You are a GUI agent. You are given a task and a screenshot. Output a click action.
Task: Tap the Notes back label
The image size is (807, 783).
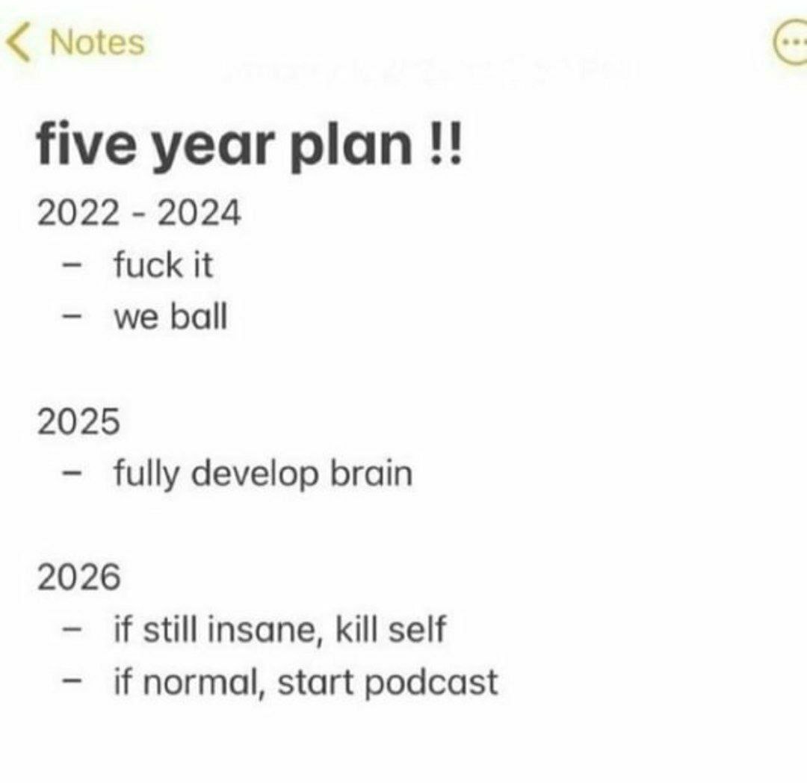tap(97, 42)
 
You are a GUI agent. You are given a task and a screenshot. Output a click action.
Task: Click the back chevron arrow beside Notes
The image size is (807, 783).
tap(18, 43)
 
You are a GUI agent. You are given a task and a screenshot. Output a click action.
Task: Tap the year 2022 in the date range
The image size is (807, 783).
tap(78, 212)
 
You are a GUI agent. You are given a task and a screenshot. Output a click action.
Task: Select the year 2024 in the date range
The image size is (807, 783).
tap(200, 212)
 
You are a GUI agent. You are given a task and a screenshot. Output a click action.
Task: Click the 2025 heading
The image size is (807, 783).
tap(78, 421)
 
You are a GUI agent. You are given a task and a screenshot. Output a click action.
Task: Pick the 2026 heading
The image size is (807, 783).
tap(78, 577)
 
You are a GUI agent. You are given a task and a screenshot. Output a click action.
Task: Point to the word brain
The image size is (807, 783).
tap(371, 472)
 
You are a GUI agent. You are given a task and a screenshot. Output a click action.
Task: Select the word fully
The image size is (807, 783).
tap(146, 474)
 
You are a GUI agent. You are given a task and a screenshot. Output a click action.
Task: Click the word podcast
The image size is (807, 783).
tap(431, 683)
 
